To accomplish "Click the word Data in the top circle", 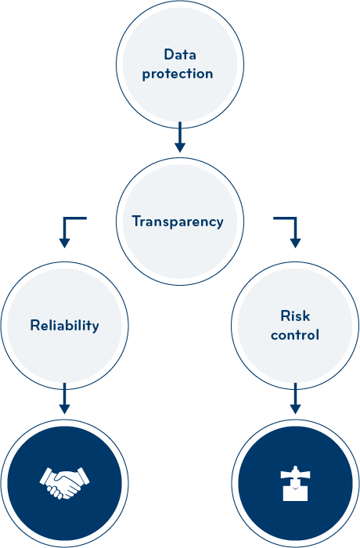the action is click(x=180, y=55).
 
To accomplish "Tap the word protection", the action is click(x=178, y=74).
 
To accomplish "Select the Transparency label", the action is click(x=178, y=222).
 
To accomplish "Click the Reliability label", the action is click(x=65, y=326).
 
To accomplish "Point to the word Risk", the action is click(x=295, y=316).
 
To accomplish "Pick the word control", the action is click(x=295, y=335).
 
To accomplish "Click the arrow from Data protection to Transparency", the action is click(x=180, y=137).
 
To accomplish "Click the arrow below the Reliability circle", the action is click(x=64, y=398).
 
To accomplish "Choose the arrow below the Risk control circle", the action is click(x=295, y=398).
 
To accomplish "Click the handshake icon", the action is click(x=65, y=483).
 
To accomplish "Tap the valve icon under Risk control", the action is click(x=295, y=483).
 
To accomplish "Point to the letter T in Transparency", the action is click(x=136, y=221).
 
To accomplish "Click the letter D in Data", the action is click(x=169, y=55).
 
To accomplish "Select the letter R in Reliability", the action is click(x=35, y=325).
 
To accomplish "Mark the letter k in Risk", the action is click(x=306, y=316).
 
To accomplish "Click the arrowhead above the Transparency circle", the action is click(x=180, y=147).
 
